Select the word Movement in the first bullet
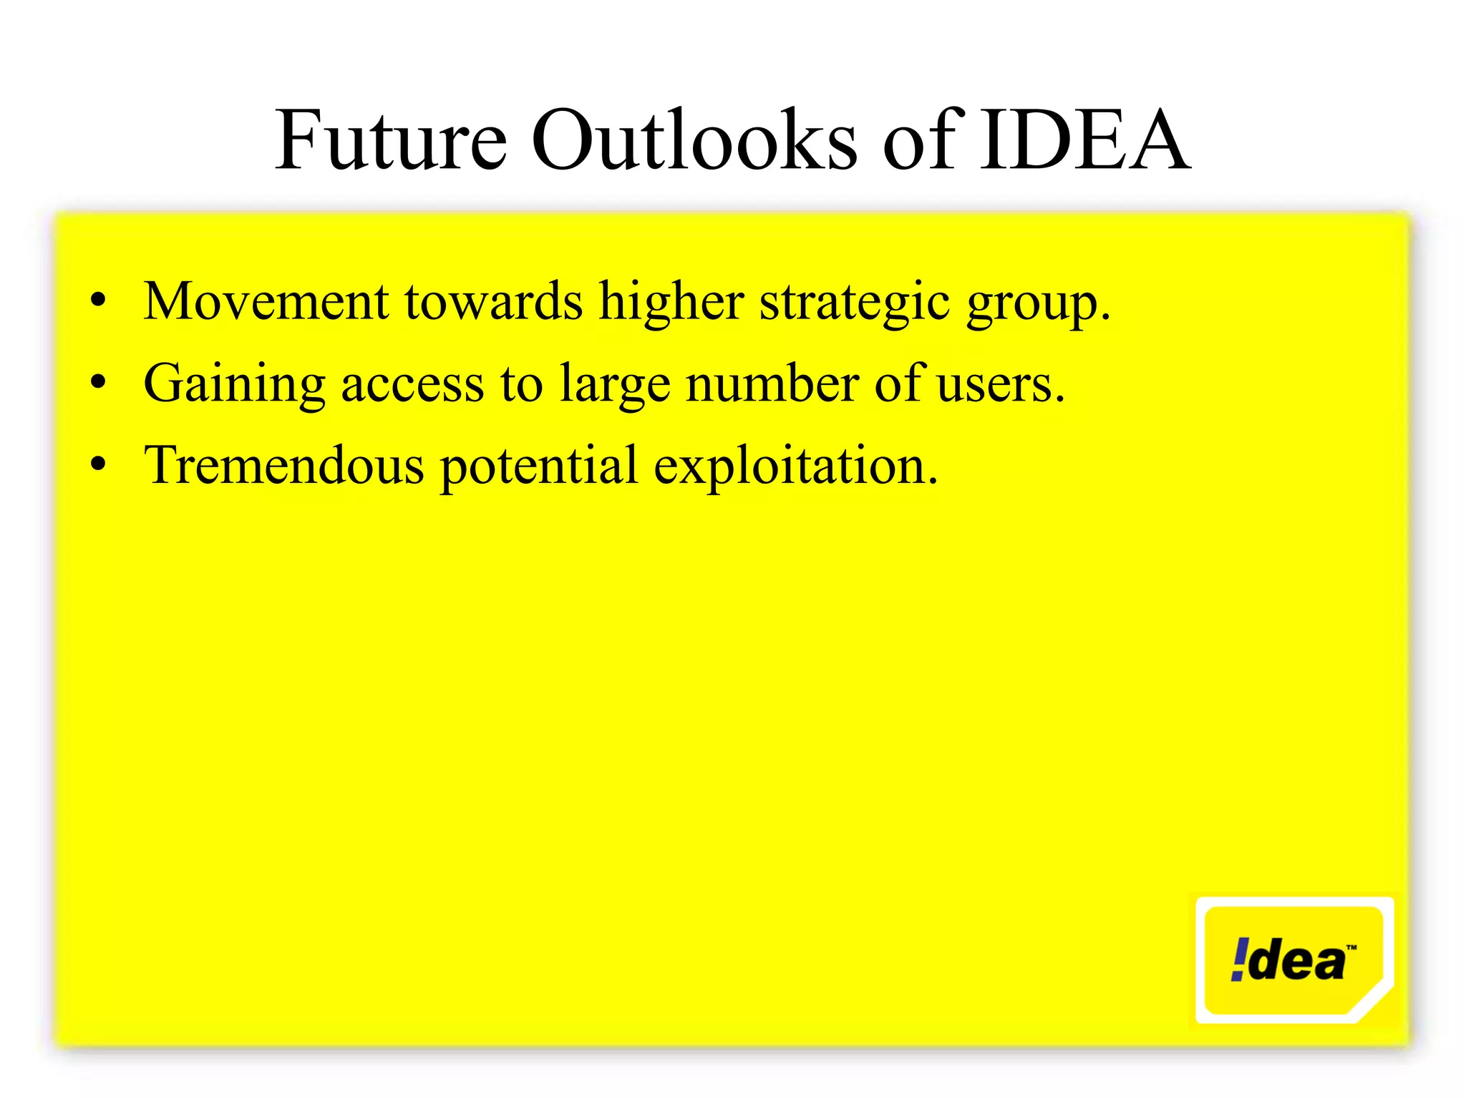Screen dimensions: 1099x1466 click(266, 301)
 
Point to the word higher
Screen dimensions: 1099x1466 click(671, 303)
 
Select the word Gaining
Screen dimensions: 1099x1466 click(234, 385)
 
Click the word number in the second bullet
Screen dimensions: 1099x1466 click(772, 384)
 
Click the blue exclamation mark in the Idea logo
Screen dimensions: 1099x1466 click(1239, 959)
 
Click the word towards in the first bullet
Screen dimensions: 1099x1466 click(493, 301)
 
